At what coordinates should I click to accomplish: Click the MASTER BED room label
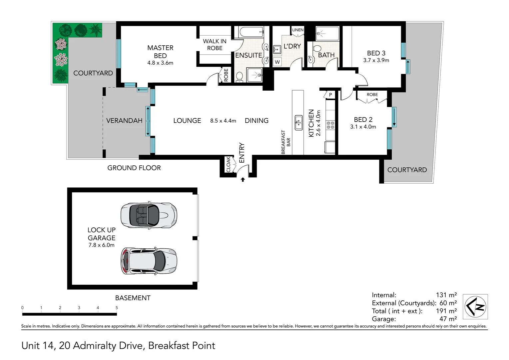(160, 52)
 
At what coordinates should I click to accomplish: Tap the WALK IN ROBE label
(215, 45)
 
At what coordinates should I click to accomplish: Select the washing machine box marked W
(277, 62)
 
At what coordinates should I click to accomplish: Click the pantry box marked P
(330, 95)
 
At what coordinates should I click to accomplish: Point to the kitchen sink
(298, 122)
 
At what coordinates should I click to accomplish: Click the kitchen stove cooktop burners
(330, 125)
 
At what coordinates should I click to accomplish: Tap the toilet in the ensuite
(239, 77)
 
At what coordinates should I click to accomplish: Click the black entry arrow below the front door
(243, 180)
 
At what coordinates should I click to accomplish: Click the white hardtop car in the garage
(149, 261)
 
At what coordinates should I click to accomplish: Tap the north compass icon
(476, 306)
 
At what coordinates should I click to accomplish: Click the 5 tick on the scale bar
(117, 308)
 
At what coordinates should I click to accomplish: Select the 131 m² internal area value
(446, 295)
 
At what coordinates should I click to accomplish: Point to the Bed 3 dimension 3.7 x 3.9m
(376, 60)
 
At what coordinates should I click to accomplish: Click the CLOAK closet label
(228, 164)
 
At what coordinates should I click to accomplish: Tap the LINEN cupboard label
(297, 30)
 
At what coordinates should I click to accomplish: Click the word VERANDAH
(124, 121)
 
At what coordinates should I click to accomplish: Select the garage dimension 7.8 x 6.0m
(101, 245)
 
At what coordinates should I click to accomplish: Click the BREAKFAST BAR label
(286, 142)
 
